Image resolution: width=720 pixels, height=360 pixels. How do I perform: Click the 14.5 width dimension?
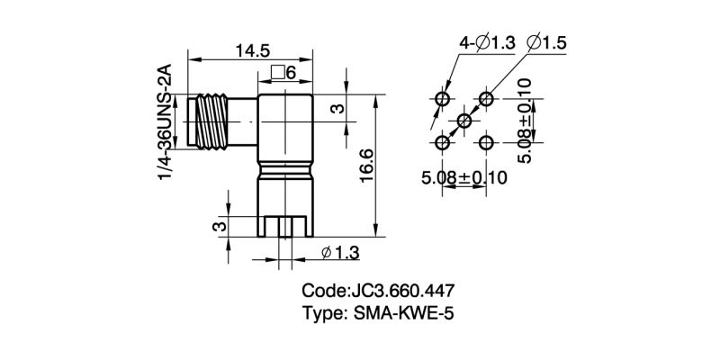click(253, 51)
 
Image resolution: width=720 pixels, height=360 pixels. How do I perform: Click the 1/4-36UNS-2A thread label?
click(165, 121)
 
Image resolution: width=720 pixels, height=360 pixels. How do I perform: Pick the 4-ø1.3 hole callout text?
click(487, 42)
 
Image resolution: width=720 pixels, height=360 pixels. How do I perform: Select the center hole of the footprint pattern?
click(464, 121)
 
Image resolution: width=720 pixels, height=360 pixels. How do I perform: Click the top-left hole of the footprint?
click(443, 98)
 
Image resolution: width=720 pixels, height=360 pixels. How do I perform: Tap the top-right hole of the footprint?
click(487, 98)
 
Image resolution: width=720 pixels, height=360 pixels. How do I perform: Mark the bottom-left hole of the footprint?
click(443, 142)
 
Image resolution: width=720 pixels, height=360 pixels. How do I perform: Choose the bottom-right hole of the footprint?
click(487, 142)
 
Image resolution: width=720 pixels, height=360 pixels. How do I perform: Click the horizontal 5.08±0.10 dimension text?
click(464, 177)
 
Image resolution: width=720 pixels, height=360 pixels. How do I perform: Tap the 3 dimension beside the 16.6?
click(337, 108)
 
